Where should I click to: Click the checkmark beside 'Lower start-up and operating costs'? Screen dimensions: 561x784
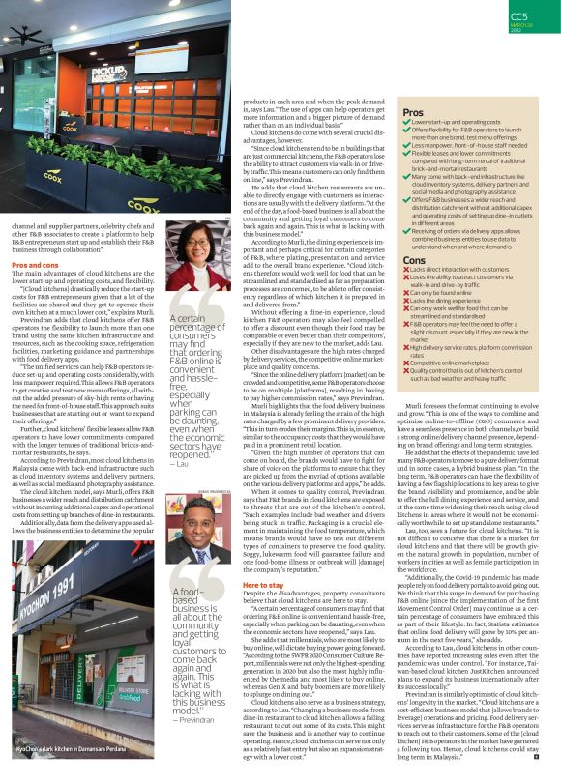click(x=405, y=123)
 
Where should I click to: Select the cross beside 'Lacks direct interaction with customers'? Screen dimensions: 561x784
click(x=405, y=271)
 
